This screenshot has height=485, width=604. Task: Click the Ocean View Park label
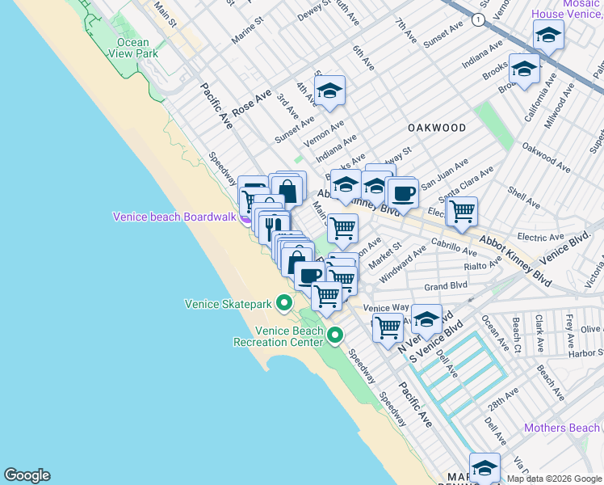point(132,48)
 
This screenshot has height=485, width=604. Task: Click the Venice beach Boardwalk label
point(174,217)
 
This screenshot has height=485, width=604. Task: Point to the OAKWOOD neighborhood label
point(437,128)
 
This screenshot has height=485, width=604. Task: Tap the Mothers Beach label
point(562,428)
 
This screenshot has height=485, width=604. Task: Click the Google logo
point(27,475)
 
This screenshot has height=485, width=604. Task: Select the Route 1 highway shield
point(479,19)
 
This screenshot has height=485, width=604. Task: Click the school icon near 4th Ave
point(329,91)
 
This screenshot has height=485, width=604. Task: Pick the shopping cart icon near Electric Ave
point(462,212)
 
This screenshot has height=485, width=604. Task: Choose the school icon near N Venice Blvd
point(426,319)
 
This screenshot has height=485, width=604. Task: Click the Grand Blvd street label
point(447,286)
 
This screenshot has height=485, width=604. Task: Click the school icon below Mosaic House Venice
point(548,36)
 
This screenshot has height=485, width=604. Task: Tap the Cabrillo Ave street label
point(455,247)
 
